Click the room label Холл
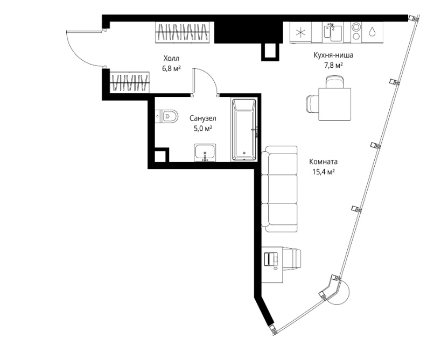click(x=171, y=59)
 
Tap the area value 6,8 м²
click(x=171, y=69)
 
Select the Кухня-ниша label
click(x=333, y=55)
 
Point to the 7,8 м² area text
click(x=333, y=65)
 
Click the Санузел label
click(x=203, y=118)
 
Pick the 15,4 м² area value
click(x=323, y=172)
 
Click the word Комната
click(x=323, y=161)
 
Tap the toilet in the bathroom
click(x=167, y=116)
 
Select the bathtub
click(x=244, y=130)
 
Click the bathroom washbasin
click(x=205, y=152)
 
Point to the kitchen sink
click(x=333, y=32)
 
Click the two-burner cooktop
click(x=356, y=32)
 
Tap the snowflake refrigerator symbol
click(x=300, y=32)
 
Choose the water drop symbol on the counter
click(x=372, y=31)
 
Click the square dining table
click(x=334, y=104)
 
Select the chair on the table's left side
click(x=312, y=104)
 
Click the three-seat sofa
click(x=279, y=189)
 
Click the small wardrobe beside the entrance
click(x=130, y=82)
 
